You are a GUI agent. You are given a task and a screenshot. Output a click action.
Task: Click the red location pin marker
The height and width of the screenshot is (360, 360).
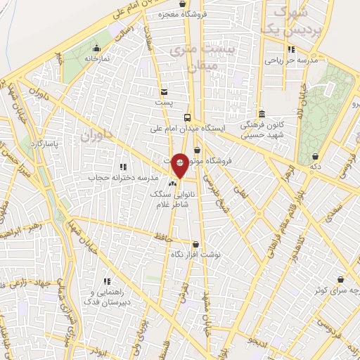coord(180,165)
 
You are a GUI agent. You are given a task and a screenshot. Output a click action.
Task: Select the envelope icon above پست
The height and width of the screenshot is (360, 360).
coord(164,91)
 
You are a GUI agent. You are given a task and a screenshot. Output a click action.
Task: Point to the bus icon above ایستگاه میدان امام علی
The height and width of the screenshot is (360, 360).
coord(187,117)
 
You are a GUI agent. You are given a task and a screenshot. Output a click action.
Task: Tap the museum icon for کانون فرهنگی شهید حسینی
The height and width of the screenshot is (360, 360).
coord(261,114)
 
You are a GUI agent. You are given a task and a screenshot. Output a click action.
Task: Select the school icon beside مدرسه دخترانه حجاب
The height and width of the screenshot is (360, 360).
coord(123,167)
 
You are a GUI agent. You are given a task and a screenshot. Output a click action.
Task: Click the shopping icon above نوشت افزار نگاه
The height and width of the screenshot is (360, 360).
coord(196,244)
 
